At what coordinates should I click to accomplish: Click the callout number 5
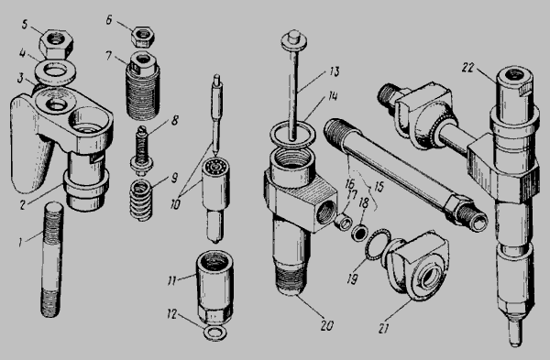24,26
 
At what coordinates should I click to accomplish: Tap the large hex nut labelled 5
56,44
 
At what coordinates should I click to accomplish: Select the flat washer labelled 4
56,73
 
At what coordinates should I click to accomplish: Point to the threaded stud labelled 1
52,258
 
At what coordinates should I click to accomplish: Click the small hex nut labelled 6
143,37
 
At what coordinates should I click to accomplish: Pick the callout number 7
109,55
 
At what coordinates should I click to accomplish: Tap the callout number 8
174,121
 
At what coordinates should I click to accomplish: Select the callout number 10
175,204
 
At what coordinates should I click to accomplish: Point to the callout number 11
171,281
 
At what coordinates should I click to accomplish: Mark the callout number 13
335,71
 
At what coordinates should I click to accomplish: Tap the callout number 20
326,325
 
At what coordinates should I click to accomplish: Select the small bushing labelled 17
344,223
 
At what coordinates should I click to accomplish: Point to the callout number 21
383,329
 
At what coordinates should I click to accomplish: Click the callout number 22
467,68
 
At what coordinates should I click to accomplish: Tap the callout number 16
350,184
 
